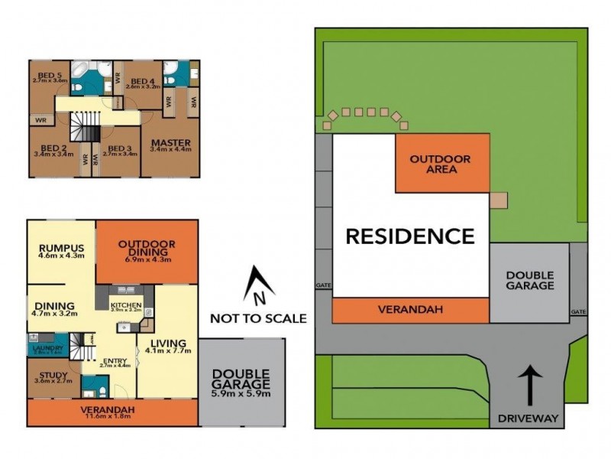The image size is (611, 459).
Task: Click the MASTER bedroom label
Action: [x=171, y=144]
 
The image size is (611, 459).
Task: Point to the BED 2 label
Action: [x=53, y=148]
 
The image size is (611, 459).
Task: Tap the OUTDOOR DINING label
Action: [x=147, y=245]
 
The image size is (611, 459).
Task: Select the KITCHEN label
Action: [x=126, y=304]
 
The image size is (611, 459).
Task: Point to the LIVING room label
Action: [x=169, y=342]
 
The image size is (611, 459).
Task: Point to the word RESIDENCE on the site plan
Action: [x=410, y=236]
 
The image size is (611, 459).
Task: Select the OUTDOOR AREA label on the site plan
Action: [x=441, y=164]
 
